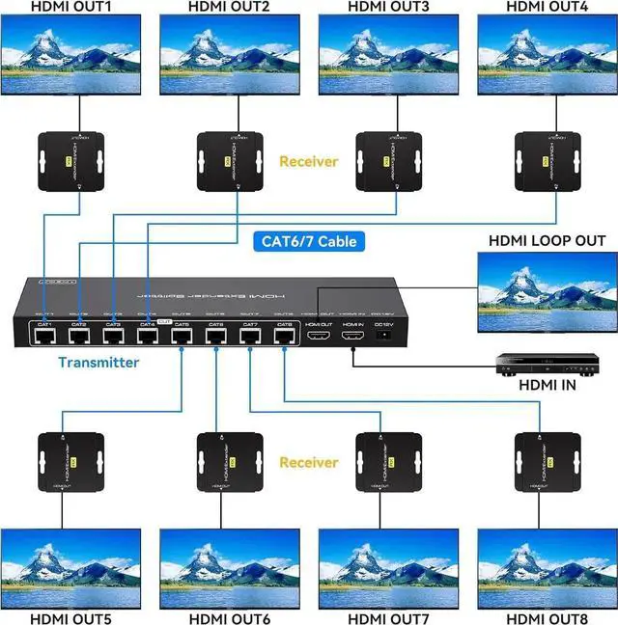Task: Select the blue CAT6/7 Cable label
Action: [x=306, y=242]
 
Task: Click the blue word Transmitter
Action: [x=98, y=363]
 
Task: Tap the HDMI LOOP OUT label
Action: [x=547, y=240]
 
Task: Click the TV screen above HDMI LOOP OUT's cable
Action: [x=547, y=291]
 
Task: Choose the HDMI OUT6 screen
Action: [x=229, y=568]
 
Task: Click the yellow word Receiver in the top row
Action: [x=308, y=161]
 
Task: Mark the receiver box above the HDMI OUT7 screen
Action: [x=387, y=461]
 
